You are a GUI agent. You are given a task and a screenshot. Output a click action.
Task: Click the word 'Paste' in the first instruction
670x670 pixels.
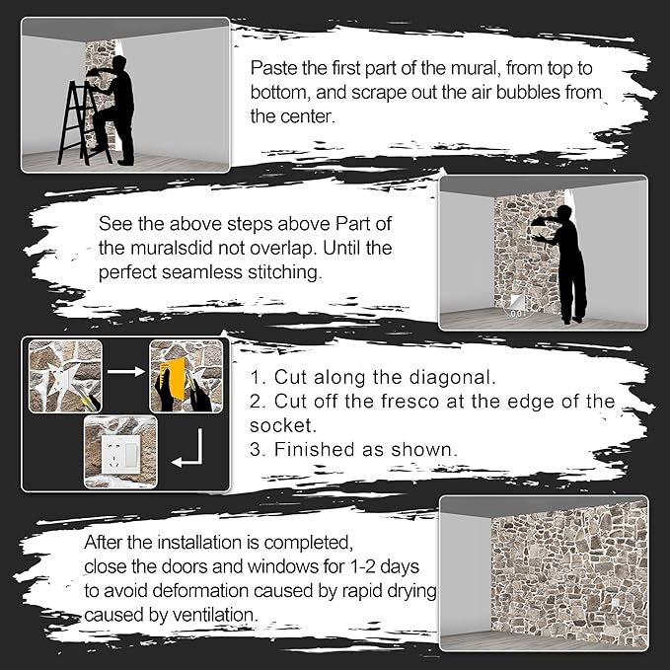[x=271, y=69]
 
